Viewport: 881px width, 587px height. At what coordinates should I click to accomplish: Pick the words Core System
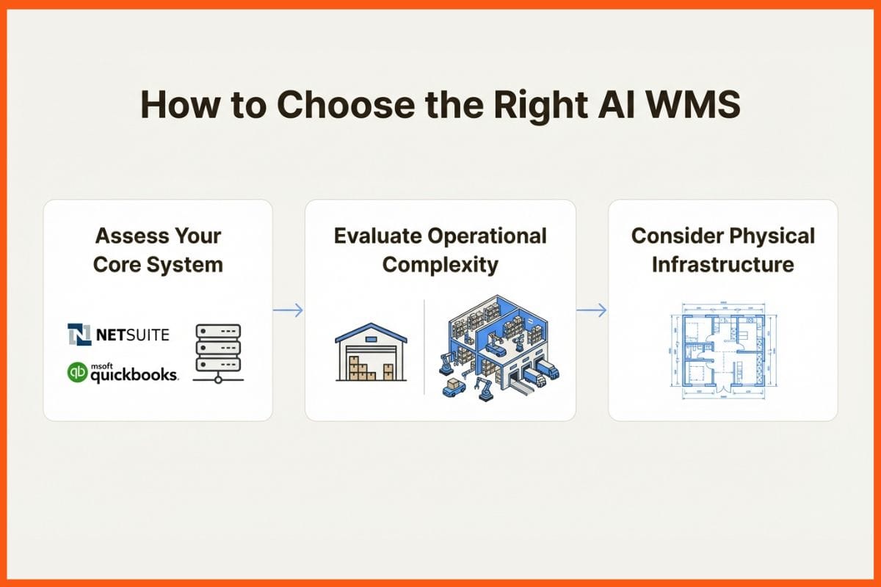point(158,264)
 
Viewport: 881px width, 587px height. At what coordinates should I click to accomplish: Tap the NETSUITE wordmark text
point(132,335)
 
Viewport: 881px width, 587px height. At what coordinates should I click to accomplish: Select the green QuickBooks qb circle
point(77,373)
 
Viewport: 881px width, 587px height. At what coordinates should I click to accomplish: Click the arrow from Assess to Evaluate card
point(288,310)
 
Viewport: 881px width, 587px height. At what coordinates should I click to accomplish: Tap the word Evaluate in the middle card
point(377,236)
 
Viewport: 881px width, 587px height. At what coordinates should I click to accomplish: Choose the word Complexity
point(440,264)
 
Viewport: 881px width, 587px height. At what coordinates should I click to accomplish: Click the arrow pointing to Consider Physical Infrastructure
point(592,310)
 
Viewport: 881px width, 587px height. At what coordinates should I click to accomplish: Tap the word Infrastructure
point(722,264)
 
